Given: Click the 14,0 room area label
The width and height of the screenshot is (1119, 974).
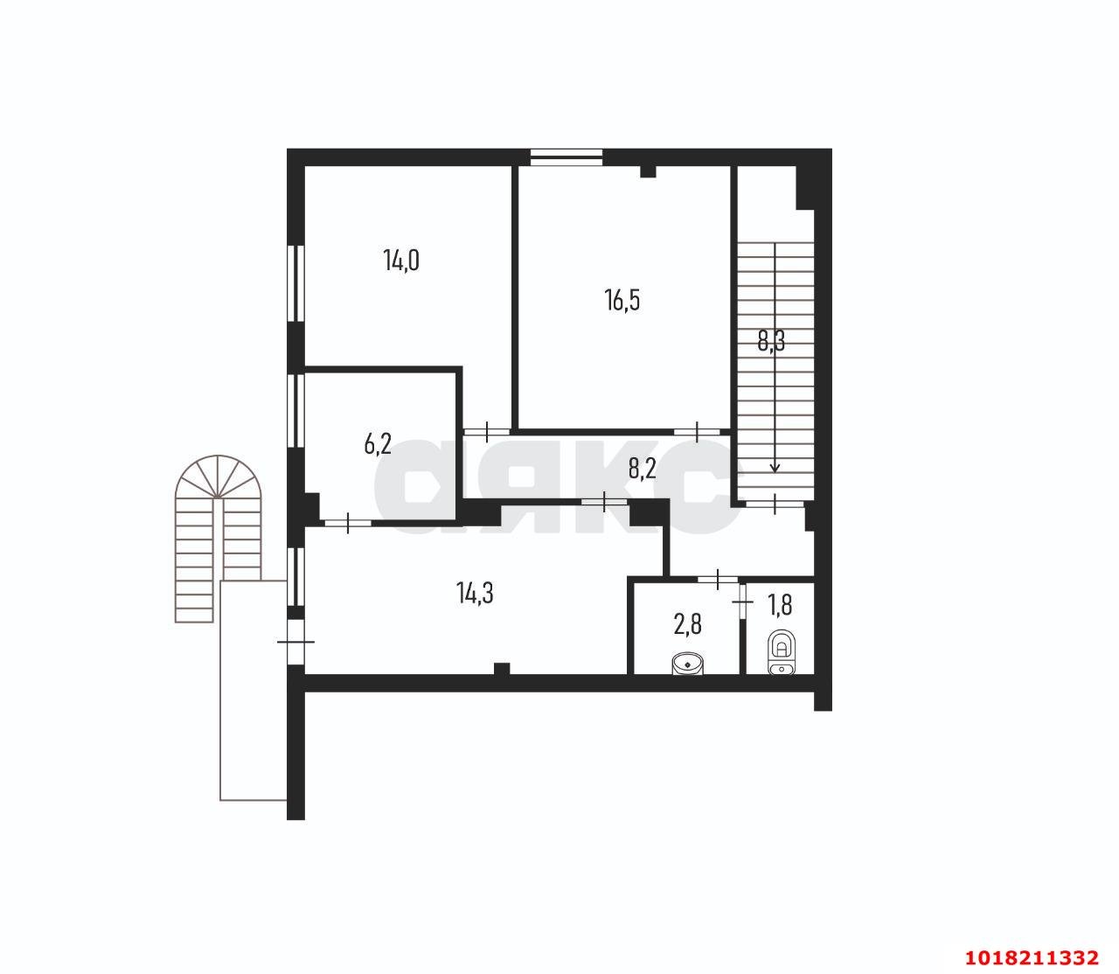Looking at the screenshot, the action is (401, 260).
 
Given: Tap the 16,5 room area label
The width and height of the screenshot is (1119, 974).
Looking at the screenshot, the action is (622, 300).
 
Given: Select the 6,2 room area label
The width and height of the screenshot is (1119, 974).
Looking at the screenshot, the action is (378, 443).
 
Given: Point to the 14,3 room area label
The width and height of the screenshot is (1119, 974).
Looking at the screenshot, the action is (475, 593).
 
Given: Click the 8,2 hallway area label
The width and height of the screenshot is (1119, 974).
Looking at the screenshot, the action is (642, 469).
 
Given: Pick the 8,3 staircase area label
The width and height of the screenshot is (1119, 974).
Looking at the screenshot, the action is (771, 341).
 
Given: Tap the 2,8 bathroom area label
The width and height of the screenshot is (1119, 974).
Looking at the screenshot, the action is (687, 624).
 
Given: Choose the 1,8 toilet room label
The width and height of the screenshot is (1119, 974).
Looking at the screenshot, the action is (780, 604).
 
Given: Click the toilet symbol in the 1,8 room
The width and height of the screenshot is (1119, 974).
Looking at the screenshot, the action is (782, 652).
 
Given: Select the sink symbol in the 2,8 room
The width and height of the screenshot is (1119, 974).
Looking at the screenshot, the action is (687, 664).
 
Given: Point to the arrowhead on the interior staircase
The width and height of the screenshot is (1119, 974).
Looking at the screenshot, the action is (775, 468).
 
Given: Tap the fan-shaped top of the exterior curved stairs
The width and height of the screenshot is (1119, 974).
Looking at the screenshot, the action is (219, 476).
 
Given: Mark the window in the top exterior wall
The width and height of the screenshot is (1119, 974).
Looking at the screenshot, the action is (566, 157).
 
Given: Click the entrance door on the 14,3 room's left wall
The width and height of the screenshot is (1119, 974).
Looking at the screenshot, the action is (295, 642).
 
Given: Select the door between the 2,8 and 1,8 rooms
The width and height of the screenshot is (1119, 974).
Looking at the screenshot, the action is (743, 602).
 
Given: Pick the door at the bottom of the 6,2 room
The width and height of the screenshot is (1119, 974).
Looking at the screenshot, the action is (349, 523).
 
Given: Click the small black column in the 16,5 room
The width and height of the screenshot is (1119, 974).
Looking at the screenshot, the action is (648, 171).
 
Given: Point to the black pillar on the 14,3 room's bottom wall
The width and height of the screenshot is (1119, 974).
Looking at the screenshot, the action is (502, 669).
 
